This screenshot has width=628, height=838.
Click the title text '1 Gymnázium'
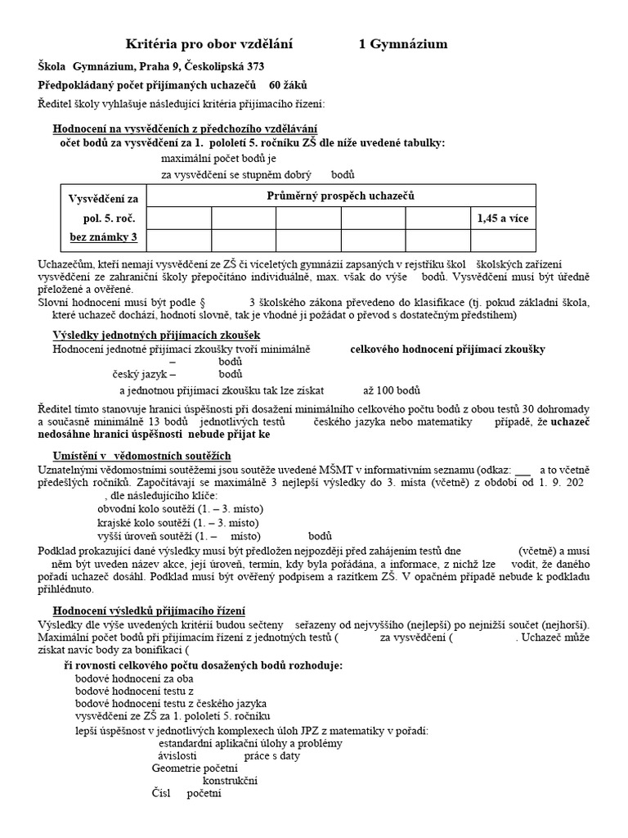pyautogui.click(x=403, y=44)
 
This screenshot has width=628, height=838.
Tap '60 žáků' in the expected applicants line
pyautogui.click(x=288, y=85)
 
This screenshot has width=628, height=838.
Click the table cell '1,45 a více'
pyautogui.click(x=503, y=219)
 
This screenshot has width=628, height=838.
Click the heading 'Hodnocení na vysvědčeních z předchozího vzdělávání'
pyautogui.click(x=185, y=129)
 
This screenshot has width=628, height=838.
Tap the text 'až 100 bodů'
pyautogui.click(x=392, y=390)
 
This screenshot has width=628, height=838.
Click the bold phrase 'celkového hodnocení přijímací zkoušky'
pyautogui.click(x=447, y=349)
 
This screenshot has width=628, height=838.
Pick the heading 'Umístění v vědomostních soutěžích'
pyautogui.click(x=142, y=455)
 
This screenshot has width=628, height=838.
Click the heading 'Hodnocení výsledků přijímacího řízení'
pyautogui.click(x=149, y=611)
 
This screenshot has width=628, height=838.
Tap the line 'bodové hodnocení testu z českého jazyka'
pyautogui.click(x=170, y=703)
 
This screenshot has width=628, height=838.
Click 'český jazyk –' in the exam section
pyautogui.click(x=144, y=374)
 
